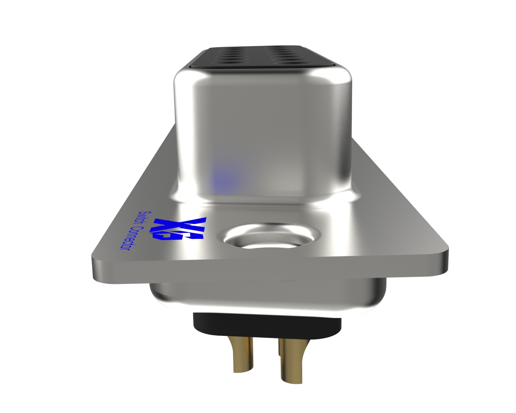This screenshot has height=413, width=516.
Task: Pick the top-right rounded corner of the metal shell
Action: pyautogui.click(x=345, y=74)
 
